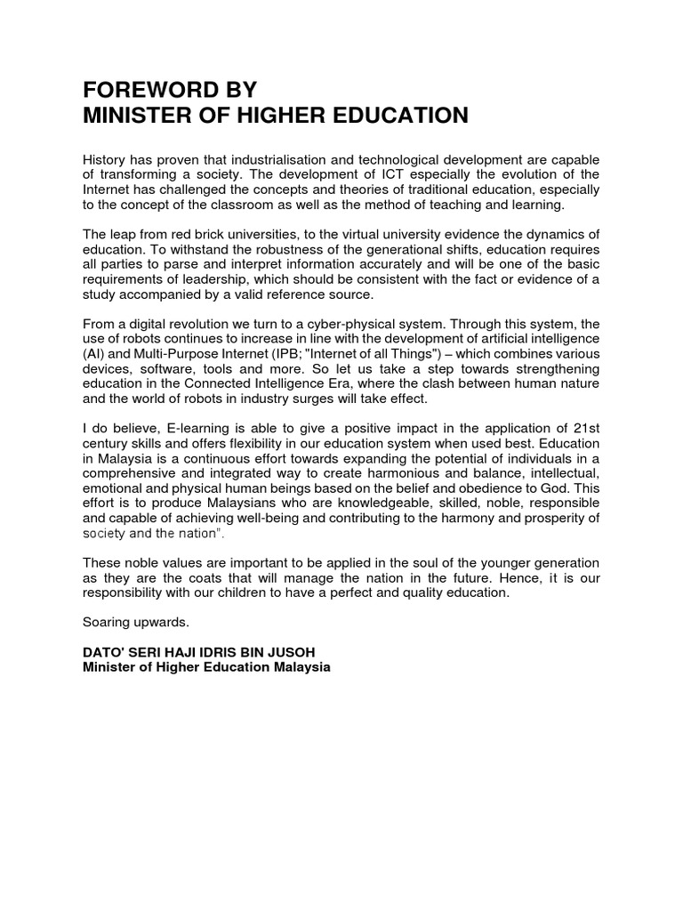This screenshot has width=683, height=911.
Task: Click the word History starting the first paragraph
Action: (x=105, y=161)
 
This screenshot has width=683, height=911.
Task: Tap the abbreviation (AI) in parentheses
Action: (x=92, y=354)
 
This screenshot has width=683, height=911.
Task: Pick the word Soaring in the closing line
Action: (x=106, y=624)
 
